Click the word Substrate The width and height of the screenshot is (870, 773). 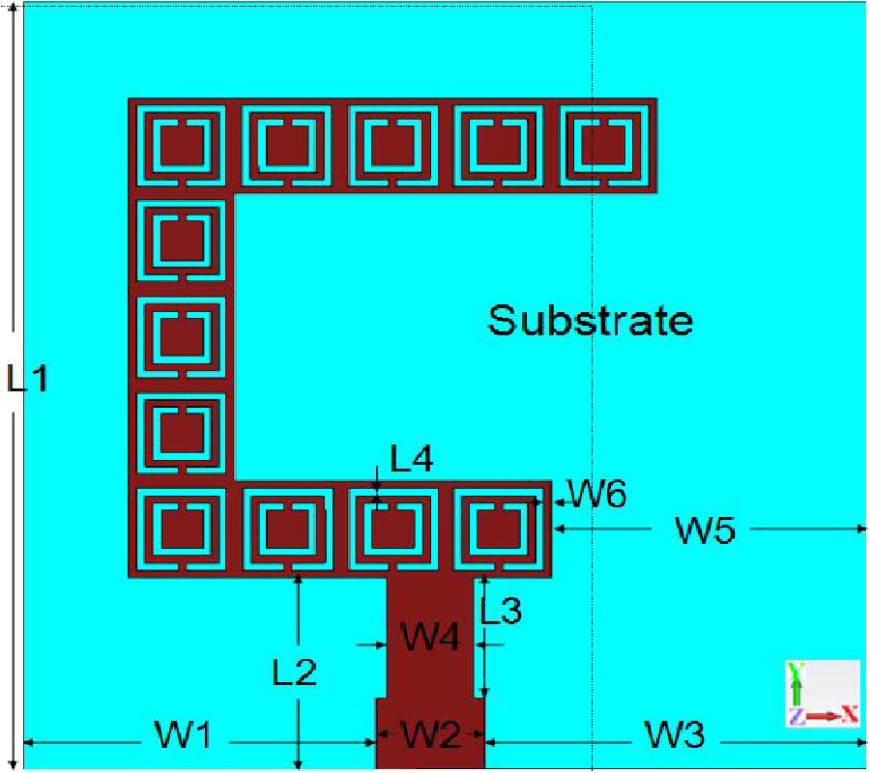point(590,319)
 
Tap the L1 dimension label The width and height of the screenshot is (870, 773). point(26,378)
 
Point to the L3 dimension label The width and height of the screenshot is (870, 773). point(501,611)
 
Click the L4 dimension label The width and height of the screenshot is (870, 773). point(411,459)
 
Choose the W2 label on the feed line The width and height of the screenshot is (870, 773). point(431,736)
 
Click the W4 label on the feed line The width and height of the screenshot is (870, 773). point(431,638)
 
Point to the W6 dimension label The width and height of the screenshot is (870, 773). point(597,496)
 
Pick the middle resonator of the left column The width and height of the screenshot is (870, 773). point(182,336)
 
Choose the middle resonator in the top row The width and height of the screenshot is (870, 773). point(392,147)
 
